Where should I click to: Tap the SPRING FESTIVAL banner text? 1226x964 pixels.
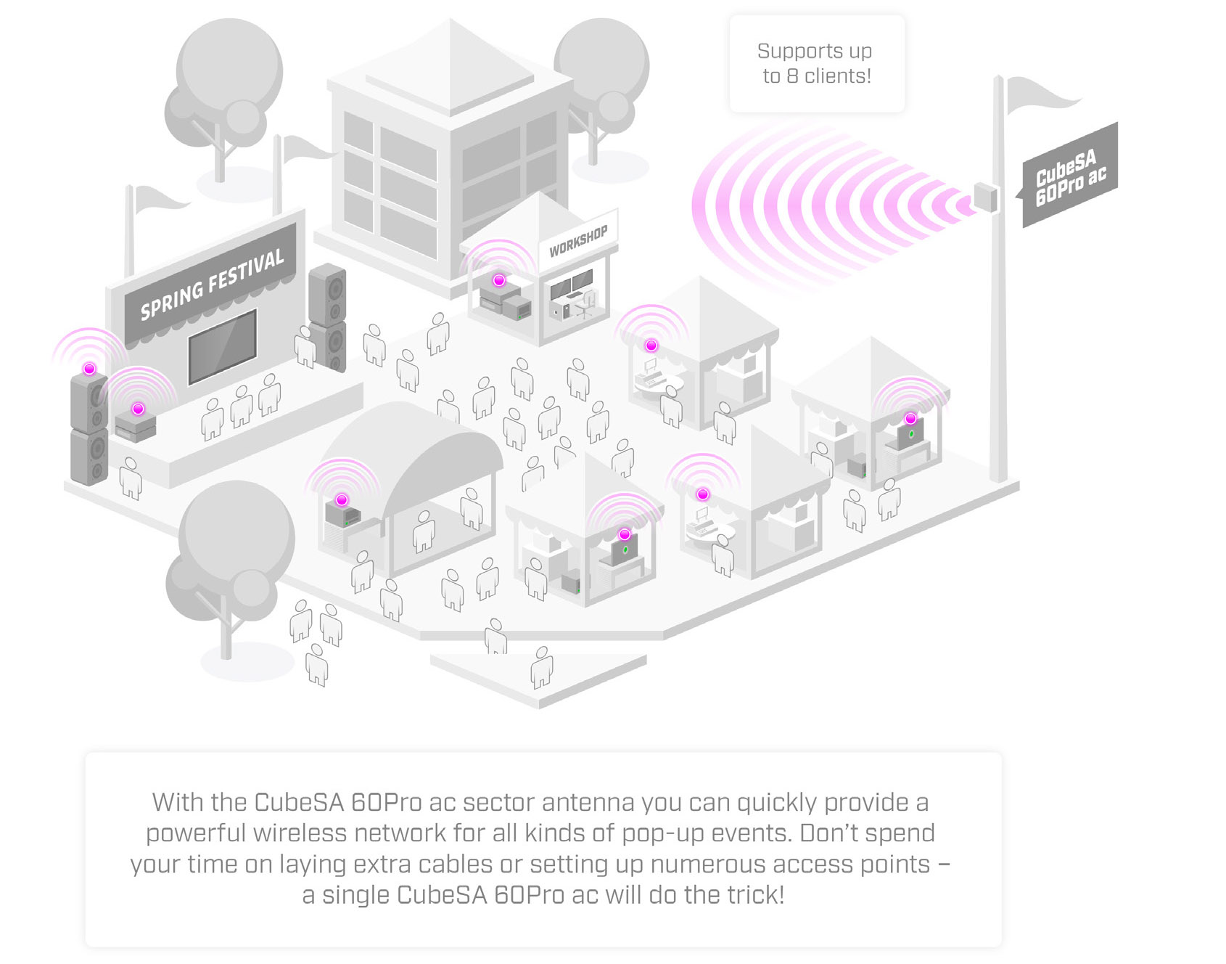(x=211, y=284)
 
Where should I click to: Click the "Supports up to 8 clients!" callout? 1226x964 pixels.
(x=816, y=64)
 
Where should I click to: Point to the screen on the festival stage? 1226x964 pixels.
(x=222, y=346)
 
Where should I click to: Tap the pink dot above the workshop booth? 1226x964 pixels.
(x=498, y=280)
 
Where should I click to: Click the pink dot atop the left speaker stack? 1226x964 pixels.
(x=89, y=369)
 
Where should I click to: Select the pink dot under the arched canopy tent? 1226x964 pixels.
(x=342, y=499)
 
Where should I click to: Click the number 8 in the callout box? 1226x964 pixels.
(x=792, y=76)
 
